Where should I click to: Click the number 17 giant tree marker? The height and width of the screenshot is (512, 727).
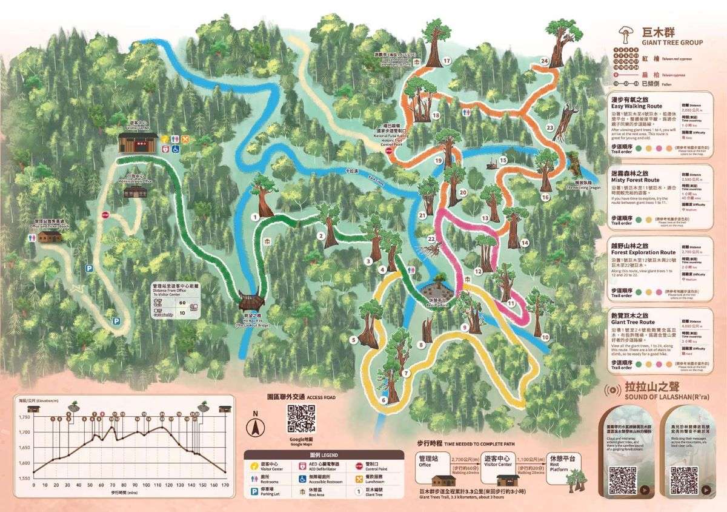[x=446, y=61]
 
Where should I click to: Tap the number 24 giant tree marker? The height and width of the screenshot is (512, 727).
[x=544, y=61]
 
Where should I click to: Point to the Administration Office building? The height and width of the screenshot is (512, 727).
[x=135, y=191]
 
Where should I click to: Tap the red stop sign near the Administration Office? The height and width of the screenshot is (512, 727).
[x=105, y=215]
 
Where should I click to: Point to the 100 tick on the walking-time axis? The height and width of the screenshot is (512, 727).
[x=146, y=485]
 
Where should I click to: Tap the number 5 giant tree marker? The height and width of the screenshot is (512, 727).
[x=353, y=340]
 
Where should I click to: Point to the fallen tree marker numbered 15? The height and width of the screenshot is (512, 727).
[x=503, y=160]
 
